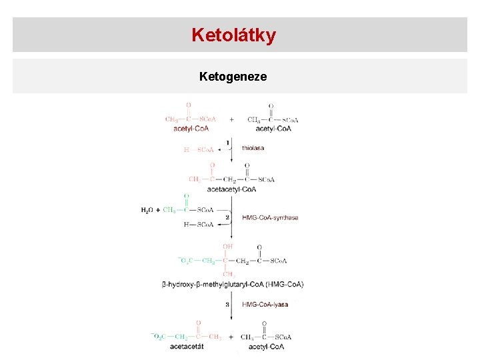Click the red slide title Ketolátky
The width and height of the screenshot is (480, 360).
(233, 35)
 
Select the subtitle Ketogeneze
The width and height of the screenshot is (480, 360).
(233, 77)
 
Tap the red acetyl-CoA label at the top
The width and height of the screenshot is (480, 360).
(191, 129)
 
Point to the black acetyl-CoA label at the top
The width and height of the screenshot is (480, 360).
(273, 129)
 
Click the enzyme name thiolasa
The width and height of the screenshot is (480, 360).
(253, 148)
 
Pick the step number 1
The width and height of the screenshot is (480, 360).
(227, 143)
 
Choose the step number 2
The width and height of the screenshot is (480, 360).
(227, 217)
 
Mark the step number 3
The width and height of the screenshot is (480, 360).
(227, 304)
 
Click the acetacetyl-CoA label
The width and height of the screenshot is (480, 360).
(231, 189)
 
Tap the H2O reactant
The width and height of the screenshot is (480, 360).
(147, 211)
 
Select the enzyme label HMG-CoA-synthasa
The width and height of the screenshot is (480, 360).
(270, 217)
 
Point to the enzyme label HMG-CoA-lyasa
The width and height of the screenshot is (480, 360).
(265, 304)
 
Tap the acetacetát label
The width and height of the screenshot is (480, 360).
(187, 347)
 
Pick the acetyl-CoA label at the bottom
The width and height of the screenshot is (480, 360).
(266, 347)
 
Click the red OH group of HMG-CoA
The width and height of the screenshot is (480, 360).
(228, 247)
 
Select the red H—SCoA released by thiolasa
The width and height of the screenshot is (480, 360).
(199, 150)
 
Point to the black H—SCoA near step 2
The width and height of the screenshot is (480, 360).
(199, 225)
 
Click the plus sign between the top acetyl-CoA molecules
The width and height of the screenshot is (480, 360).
(231, 120)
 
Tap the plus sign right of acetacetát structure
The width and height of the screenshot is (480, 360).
(231, 337)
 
